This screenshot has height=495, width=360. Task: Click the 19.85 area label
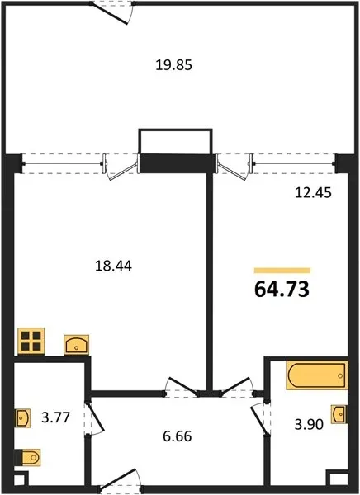(x=174, y=65)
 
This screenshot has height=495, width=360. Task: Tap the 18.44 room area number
(x=113, y=266)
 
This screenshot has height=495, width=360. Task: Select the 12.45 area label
(x=313, y=192)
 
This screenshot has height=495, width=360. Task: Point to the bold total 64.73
(x=282, y=290)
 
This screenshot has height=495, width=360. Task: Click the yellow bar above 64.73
(x=282, y=271)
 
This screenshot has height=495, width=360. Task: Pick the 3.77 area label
(x=55, y=417)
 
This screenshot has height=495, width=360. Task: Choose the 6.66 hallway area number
(x=178, y=436)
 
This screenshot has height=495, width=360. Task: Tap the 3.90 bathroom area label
(x=309, y=425)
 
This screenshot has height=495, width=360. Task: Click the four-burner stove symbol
(x=31, y=341)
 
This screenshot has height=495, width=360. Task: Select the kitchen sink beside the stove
(x=77, y=345)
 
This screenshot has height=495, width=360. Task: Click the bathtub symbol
(x=317, y=375)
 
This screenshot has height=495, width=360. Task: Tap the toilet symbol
(x=28, y=457)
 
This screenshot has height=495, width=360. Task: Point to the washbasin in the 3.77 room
(x=23, y=418)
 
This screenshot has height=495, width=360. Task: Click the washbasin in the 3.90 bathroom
(x=339, y=414)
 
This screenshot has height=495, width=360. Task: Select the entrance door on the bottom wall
(x=120, y=482)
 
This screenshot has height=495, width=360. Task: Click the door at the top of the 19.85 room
(x=112, y=12)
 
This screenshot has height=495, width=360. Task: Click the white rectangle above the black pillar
(x=175, y=141)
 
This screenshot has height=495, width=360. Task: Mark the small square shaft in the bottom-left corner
(x=21, y=478)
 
